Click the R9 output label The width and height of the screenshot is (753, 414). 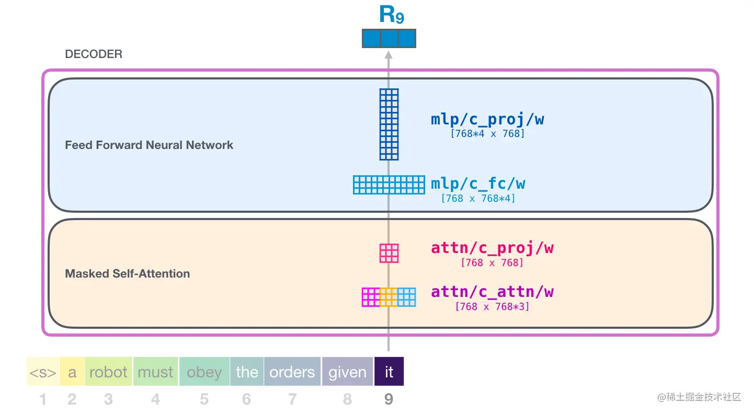[392, 15]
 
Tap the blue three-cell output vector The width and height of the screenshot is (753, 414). [389, 38]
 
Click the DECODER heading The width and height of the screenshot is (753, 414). [94, 54]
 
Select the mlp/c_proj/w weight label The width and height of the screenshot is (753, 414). [487, 119]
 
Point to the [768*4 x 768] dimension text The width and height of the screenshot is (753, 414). [487, 134]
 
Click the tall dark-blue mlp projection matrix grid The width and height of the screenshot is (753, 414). [389, 124]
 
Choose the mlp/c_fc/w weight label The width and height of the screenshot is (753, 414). [478, 184]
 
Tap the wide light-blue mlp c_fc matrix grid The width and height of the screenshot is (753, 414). [389, 185]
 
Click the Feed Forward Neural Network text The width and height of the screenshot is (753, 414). [149, 145]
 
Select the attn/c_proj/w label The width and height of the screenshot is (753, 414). [492, 248]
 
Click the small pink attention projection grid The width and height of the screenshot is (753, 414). [389, 254]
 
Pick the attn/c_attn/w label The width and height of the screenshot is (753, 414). [492, 292]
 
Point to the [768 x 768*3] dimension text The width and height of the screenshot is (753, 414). [492, 307]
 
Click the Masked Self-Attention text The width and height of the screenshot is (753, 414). [128, 274]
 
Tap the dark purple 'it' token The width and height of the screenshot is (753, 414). [389, 371]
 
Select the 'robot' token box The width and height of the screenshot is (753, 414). [109, 371]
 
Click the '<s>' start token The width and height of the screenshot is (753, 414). [43, 371]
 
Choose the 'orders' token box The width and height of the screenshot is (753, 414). [292, 371]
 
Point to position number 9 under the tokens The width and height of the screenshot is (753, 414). [389, 399]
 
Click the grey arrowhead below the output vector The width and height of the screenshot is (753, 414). [389, 55]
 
